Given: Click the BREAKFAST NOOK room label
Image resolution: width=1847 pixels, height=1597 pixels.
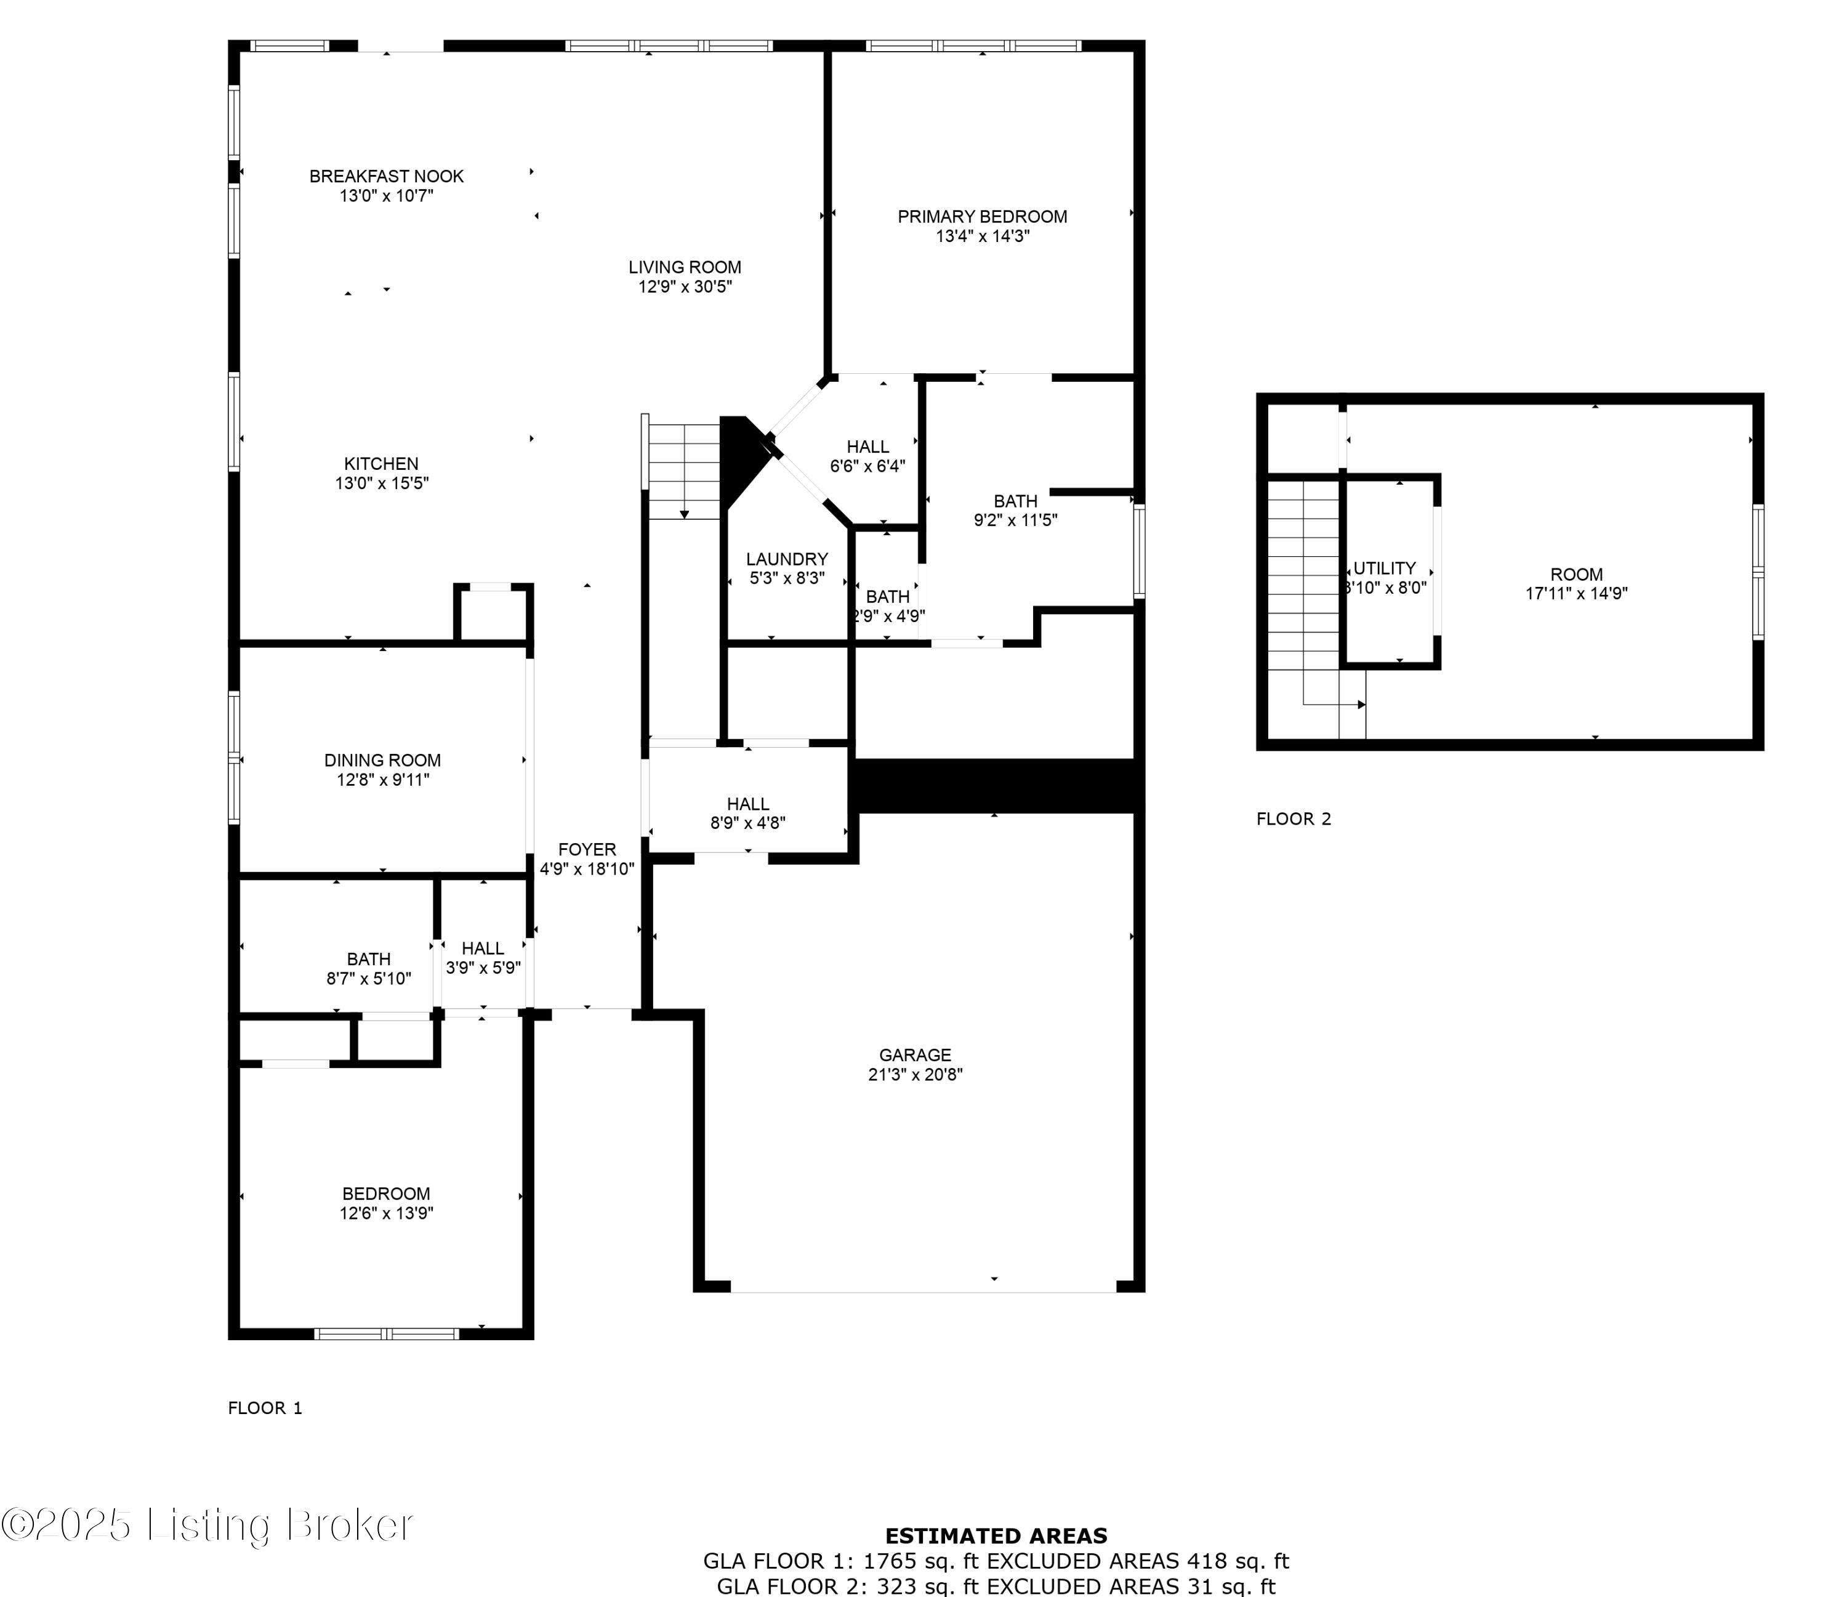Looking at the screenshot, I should (386, 177).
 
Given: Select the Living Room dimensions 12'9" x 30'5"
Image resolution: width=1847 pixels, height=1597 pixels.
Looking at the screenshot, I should (685, 286).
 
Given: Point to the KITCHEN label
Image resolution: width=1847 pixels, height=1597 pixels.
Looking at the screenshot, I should (382, 464).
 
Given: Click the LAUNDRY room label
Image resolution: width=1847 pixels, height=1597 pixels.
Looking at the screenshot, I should (786, 559).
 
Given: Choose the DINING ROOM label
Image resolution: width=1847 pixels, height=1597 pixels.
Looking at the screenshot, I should (382, 761).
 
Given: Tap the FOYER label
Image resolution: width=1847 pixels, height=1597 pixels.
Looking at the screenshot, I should (587, 850).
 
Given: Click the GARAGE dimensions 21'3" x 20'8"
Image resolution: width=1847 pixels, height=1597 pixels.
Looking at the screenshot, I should (915, 1075).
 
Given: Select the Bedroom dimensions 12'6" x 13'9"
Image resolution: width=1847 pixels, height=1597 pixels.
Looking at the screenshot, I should (386, 1213).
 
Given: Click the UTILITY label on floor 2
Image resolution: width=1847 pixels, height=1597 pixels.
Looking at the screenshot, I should (1385, 568).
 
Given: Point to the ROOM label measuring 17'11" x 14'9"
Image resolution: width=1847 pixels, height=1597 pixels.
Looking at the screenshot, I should (1576, 575).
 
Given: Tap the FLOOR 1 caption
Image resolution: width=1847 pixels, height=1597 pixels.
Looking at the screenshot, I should (265, 1408).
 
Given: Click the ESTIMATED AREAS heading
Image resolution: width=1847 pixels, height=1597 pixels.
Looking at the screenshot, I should (996, 1535).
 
